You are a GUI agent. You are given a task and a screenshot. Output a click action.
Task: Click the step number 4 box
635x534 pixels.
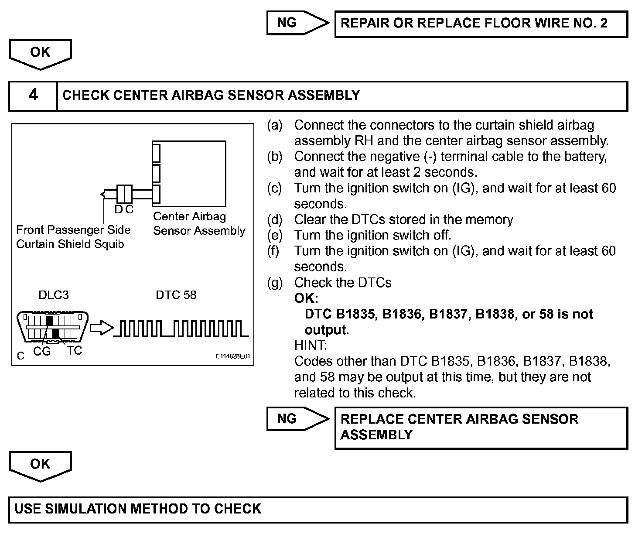(x=33, y=96)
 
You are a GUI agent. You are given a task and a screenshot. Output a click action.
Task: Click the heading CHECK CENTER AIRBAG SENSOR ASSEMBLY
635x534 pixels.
(x=211, y=96)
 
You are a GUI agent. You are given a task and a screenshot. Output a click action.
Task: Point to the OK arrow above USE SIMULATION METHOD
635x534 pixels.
(x=40, y=466)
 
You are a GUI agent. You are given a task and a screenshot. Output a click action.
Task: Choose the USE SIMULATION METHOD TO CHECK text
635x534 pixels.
(x=138, y=509)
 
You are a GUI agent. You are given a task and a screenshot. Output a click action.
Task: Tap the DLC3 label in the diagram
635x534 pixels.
(x=54, y=295)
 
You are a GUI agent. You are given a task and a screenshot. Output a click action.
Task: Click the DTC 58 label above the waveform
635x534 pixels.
(x=176, y=295)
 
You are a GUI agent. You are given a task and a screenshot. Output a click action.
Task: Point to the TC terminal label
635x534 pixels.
(x=75, y=350)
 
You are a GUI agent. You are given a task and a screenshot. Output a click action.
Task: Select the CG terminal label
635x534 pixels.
(x=42, y=351)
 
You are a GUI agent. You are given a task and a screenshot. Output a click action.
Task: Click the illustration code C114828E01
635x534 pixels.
(x=233, y=356)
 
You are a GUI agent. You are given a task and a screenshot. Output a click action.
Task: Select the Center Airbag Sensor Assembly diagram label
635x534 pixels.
(x=199, y=223)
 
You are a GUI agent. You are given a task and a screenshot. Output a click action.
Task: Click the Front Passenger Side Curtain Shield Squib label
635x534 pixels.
(x=73, y=237)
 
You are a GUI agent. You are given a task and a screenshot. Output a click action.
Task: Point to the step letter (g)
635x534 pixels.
(x=275, y=283)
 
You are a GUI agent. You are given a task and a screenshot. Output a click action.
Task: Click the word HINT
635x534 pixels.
(x=311, y=346)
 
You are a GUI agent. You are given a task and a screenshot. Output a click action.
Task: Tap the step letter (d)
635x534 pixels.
(x=275, y=220)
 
